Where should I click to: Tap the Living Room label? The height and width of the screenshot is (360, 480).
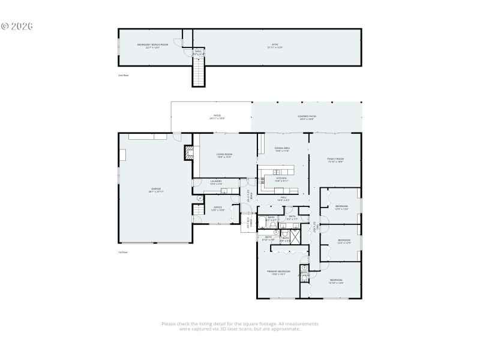click(224, 155)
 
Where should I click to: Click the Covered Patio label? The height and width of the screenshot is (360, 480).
click(307, 117)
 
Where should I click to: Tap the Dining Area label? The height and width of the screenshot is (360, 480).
click(282, 149)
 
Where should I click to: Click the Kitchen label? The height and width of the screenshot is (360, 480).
click(281, 178)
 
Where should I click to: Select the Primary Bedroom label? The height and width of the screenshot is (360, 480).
click(278, 272)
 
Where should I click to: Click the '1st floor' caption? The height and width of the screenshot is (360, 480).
click(123, 253)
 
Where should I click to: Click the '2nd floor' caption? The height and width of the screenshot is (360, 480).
click(123, 76)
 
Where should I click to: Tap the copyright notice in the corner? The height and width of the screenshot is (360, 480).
click(17, 26)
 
